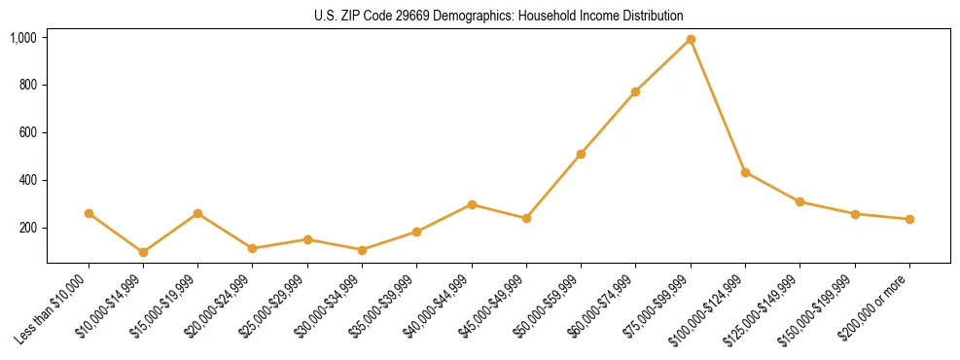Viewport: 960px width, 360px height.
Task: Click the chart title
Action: point(498,17)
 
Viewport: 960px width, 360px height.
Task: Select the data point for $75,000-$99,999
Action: point(691,40)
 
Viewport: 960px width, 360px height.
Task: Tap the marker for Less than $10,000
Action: point(89,213)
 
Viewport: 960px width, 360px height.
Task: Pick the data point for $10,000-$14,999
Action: point(143,252)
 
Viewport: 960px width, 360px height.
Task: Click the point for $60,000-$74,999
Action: point(635,91)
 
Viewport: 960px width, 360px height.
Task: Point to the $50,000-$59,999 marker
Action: point(581,154)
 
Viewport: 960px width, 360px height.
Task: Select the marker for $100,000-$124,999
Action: point(745,172)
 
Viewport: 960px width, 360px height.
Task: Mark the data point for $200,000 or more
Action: point(909,219)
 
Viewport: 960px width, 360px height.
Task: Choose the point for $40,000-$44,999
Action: point(472,204)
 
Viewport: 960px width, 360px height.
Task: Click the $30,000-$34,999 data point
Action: point(362,250)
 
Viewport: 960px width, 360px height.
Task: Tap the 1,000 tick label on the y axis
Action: point(23,38)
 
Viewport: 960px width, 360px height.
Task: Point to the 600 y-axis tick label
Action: point(26,132)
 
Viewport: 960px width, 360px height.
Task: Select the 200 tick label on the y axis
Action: point(26,228)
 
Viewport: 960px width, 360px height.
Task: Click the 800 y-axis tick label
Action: point(26,85)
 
